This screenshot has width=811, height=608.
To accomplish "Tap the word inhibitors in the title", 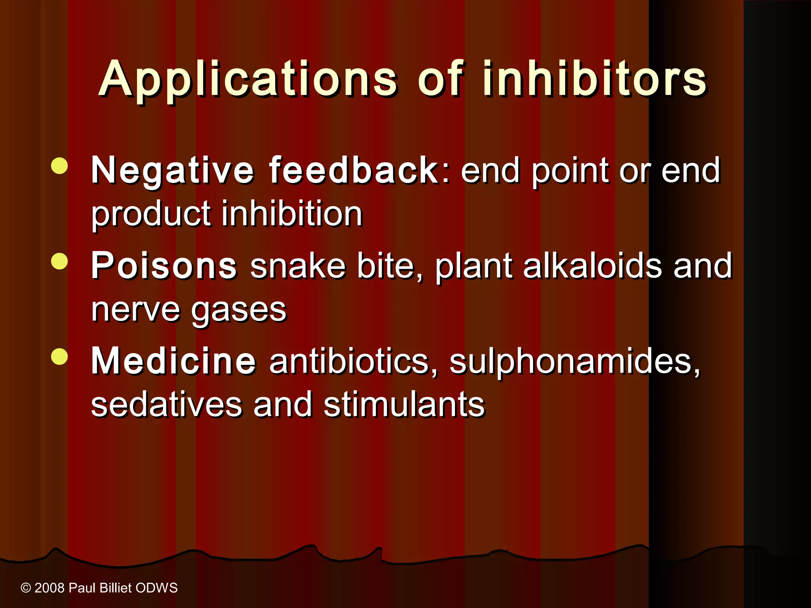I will [x=594, y=79].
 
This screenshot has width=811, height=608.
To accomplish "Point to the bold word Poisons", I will [x=164, y=266].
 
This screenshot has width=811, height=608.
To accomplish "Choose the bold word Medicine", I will [x=173, y=361].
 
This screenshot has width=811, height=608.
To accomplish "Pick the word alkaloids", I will [x=592, y=266].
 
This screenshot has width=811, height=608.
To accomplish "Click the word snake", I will [x=298, y=266].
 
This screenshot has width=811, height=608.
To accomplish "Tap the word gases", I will [x=239, y=310].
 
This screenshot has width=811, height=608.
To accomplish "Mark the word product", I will [x=151, y=214].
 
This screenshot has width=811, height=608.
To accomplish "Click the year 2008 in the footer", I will [x=49, y=588].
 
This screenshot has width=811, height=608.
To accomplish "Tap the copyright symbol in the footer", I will [x=26, y=588].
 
